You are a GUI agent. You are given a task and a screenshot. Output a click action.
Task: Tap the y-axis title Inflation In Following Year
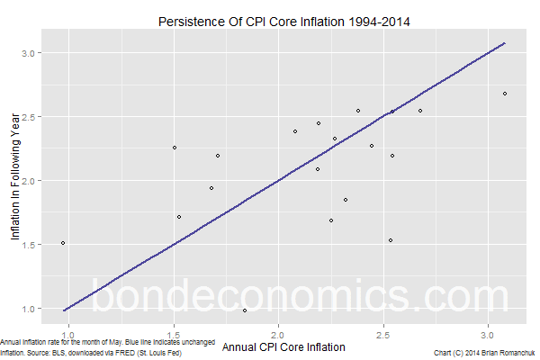pos(15,181)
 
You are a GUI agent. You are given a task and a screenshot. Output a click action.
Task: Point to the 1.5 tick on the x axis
pos(172,330)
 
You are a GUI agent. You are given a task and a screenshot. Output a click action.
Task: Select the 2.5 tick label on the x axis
pos(383,330)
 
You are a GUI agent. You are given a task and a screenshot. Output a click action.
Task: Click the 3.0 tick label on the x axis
pos(489,330)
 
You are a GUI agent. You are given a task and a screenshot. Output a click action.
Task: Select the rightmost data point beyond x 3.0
pos(505,94)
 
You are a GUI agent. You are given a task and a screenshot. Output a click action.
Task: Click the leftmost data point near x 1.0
pos(62,243)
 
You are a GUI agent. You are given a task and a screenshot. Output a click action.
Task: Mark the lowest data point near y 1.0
pos(245,310)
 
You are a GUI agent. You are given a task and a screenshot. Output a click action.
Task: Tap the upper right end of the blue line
pos(505,42)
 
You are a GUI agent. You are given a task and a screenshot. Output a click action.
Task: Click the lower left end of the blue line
pos(63,310)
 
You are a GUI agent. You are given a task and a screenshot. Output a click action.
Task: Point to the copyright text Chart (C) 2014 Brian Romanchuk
pos(484,354)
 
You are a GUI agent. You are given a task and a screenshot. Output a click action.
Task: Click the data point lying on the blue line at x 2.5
pos(391,111)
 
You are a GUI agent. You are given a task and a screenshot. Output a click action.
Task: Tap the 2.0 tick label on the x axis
pos(278,330)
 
